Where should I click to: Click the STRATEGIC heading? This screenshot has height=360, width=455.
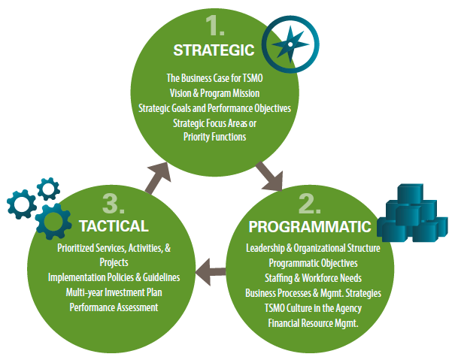click(214, 50)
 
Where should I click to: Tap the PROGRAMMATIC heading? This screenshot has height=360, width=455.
click(309, 226)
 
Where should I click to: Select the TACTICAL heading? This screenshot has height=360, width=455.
click(114, 225)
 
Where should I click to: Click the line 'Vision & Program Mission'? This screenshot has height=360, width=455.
click(214, 93)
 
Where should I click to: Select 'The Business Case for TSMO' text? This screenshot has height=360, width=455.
click(214, 78)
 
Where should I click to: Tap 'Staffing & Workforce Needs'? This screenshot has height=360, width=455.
click(312, 277)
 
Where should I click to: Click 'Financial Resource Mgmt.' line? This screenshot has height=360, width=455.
click(312, 322)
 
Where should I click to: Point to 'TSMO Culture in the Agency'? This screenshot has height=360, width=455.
click(312, 307)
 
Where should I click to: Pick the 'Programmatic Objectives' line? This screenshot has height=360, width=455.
click(312, 263)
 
